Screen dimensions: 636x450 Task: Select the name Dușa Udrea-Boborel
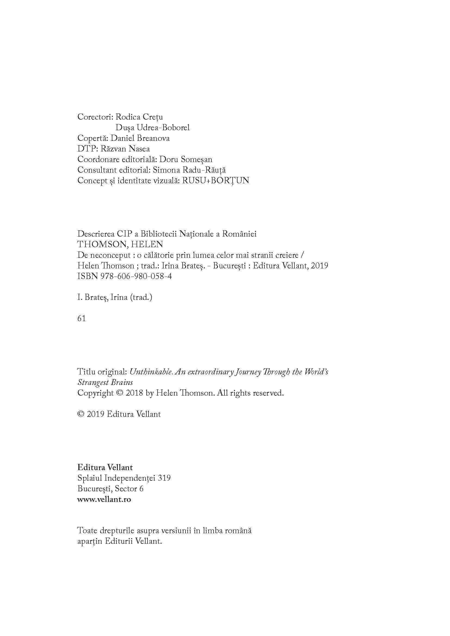[x=152, y=128]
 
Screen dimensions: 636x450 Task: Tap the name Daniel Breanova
[x=140, y=138]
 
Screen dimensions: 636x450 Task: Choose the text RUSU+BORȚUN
[x=215, y=181]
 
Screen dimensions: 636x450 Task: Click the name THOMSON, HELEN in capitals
[x=120, y=244]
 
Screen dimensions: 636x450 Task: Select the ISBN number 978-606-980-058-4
[x=135, y=276]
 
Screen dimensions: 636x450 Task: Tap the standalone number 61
[x=81, y=319]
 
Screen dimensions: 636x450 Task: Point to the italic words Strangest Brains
[x=105, y=383]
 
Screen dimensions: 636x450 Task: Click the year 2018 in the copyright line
[x=134, y=393]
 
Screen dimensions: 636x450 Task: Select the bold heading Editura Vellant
[x=105, y=468]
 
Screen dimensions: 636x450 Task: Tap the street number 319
[x=164, y=478]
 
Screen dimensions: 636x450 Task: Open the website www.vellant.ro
[x=104, y=500]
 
